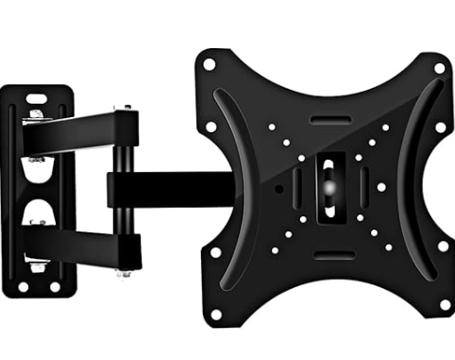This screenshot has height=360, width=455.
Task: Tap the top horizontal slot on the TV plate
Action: pos(328,120)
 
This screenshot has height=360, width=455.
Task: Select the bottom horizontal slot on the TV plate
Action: pos(328,255)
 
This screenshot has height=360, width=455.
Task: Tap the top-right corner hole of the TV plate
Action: pos(438,68)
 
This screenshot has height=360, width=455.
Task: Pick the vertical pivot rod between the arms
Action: pos(123,189)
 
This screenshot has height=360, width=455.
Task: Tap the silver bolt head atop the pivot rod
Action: pos(123,107)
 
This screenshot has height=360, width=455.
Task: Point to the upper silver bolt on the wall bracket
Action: pos(35,114)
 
